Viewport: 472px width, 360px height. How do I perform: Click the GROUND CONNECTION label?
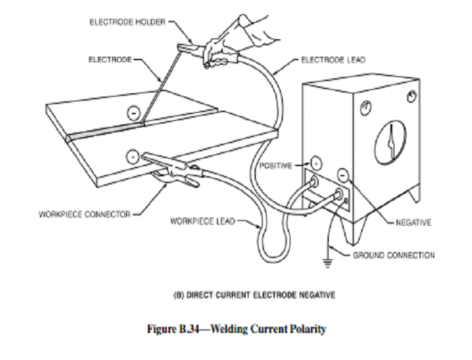click(x=394, y=255)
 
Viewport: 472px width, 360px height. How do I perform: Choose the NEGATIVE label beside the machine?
click(x=413, y=221)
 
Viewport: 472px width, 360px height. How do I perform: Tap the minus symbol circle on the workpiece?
click(x=135, y=113)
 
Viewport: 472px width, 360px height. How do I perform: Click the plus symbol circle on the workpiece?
click(x=134, y=157)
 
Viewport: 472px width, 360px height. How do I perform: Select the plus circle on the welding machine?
click(x=315, y=163)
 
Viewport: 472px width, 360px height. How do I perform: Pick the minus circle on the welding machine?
click(x=343, y=174)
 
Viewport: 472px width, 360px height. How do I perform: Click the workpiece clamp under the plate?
click(x=174, y=176)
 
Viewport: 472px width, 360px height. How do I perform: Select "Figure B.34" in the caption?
click(x=177, y=329)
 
